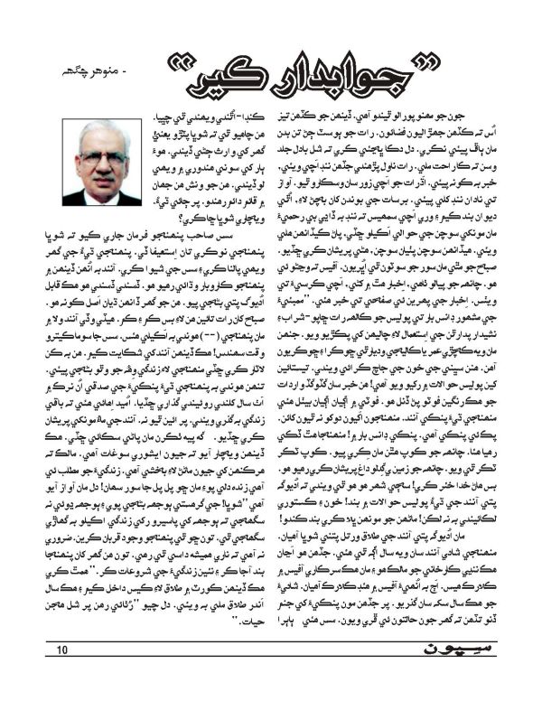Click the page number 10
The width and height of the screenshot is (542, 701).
[62, 675]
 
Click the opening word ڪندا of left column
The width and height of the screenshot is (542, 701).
[252, 114]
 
